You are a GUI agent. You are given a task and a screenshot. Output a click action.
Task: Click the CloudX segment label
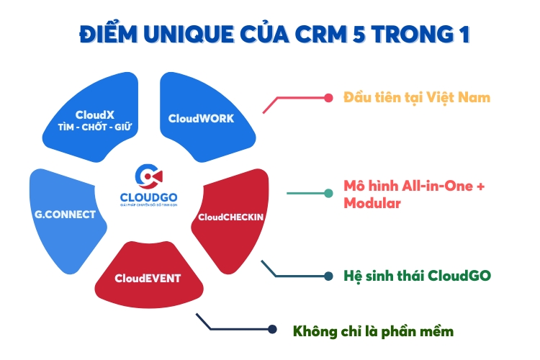96,114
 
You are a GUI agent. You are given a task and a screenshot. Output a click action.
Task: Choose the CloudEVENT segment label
148,277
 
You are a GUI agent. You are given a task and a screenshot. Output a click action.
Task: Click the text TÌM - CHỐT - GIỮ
96,127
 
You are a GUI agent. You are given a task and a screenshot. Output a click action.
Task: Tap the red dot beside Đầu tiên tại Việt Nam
328,97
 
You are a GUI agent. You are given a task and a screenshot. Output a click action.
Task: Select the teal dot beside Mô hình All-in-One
328,193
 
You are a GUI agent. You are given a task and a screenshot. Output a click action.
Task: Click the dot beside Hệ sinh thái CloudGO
328,276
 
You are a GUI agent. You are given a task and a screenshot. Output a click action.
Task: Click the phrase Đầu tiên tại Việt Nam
417,96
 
